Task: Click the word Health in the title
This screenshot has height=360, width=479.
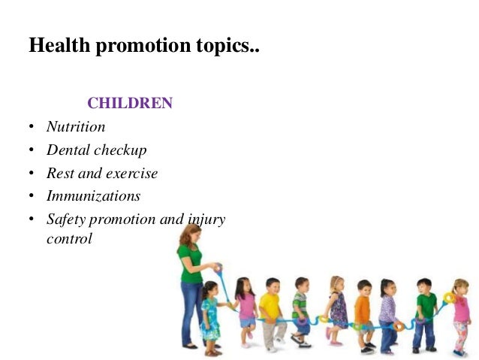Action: click(x=60, y=46)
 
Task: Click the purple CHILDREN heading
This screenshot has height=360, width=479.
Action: click(x=130, y=103)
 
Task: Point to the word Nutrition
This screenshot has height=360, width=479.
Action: click(x=76, y=127)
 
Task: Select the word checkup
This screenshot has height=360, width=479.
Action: click(x=120, y=150)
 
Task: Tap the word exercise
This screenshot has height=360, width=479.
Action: click(x=131, y=173)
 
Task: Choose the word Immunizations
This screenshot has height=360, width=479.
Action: click(x=93, y=195)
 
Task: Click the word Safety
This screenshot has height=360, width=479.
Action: click(x=66, y=219)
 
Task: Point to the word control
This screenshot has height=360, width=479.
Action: click(x=69, y=239)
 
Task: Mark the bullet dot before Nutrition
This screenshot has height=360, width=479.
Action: click(x=31, y=127)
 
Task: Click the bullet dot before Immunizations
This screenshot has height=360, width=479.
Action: click(x=31, y=196)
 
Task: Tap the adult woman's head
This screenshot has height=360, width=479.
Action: click(x=190, y=236)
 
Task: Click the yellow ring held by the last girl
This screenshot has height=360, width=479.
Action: click(x=450, y=298)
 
